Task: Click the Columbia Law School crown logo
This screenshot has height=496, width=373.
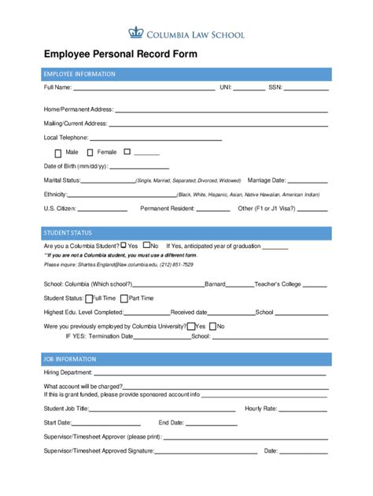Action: point(135,33)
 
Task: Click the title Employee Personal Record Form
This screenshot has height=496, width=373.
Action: point(120,55)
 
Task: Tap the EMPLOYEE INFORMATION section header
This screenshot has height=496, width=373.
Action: point(79,74)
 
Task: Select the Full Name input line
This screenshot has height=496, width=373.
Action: point(142,89)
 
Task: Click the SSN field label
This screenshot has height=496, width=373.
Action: point(275,87)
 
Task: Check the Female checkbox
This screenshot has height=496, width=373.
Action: point(90,152)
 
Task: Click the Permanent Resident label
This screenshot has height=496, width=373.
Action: point(167,209)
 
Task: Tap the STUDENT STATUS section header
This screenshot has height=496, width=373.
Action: point(67,233)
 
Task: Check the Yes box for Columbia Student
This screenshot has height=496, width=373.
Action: point(123,246)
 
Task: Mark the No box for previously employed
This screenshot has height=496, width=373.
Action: point(212,326)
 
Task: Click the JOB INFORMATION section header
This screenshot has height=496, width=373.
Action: point(70,359)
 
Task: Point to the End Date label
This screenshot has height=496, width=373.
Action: point(172,423)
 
